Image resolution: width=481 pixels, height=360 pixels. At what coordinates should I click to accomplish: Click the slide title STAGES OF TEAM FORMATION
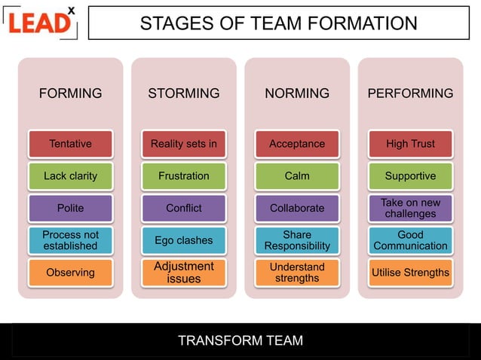point(278,23)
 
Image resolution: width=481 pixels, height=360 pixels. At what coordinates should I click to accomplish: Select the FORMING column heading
point(70,93)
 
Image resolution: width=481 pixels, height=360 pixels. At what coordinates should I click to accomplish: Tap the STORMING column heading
point(183,93)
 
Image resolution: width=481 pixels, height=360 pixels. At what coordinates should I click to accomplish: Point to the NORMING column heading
point(297,93)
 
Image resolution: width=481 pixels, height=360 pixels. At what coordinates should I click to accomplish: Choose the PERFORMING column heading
point(410,93)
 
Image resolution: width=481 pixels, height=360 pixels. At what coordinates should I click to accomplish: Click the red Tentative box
point(70,144)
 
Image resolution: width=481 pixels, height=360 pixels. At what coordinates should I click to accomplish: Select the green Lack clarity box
point(70,176)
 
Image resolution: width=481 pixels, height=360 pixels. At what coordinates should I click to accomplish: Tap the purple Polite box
point(70,208)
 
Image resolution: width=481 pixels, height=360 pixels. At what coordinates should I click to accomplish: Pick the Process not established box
point(70,240)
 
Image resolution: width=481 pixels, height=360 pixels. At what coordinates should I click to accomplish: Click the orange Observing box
point(70,273)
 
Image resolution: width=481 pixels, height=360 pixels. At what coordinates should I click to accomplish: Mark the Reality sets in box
point(183,144)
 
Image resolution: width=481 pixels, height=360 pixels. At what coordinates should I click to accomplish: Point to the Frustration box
point(183,176)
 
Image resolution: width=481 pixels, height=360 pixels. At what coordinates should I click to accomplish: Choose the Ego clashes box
point(183,240)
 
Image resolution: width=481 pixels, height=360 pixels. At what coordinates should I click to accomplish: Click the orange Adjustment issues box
point(183,273)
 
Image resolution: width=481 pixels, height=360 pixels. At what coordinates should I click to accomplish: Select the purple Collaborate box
point(297,208)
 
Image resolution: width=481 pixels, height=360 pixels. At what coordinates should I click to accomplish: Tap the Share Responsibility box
point(297,240)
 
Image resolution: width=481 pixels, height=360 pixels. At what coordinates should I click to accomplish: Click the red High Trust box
point(410,144)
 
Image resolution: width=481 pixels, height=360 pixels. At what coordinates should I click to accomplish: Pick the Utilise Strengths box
point(410,273)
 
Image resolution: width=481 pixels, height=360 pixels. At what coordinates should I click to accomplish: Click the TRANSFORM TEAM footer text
point(240,340)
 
